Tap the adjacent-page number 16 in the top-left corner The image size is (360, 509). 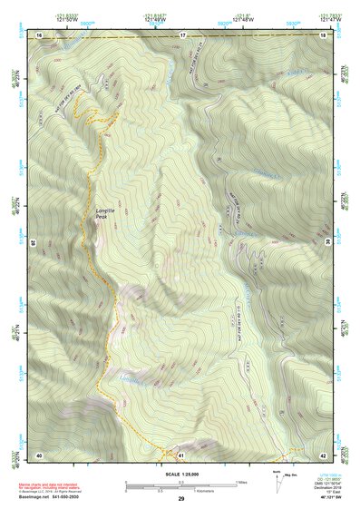tap(39, 34)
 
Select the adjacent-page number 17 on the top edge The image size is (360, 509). tap(181, 34)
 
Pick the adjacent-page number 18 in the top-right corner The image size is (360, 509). tap(324, 34)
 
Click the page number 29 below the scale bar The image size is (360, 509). tap(181, 500)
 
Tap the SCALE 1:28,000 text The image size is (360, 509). tap(180, 474)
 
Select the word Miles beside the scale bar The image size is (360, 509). tap(242, 481)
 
